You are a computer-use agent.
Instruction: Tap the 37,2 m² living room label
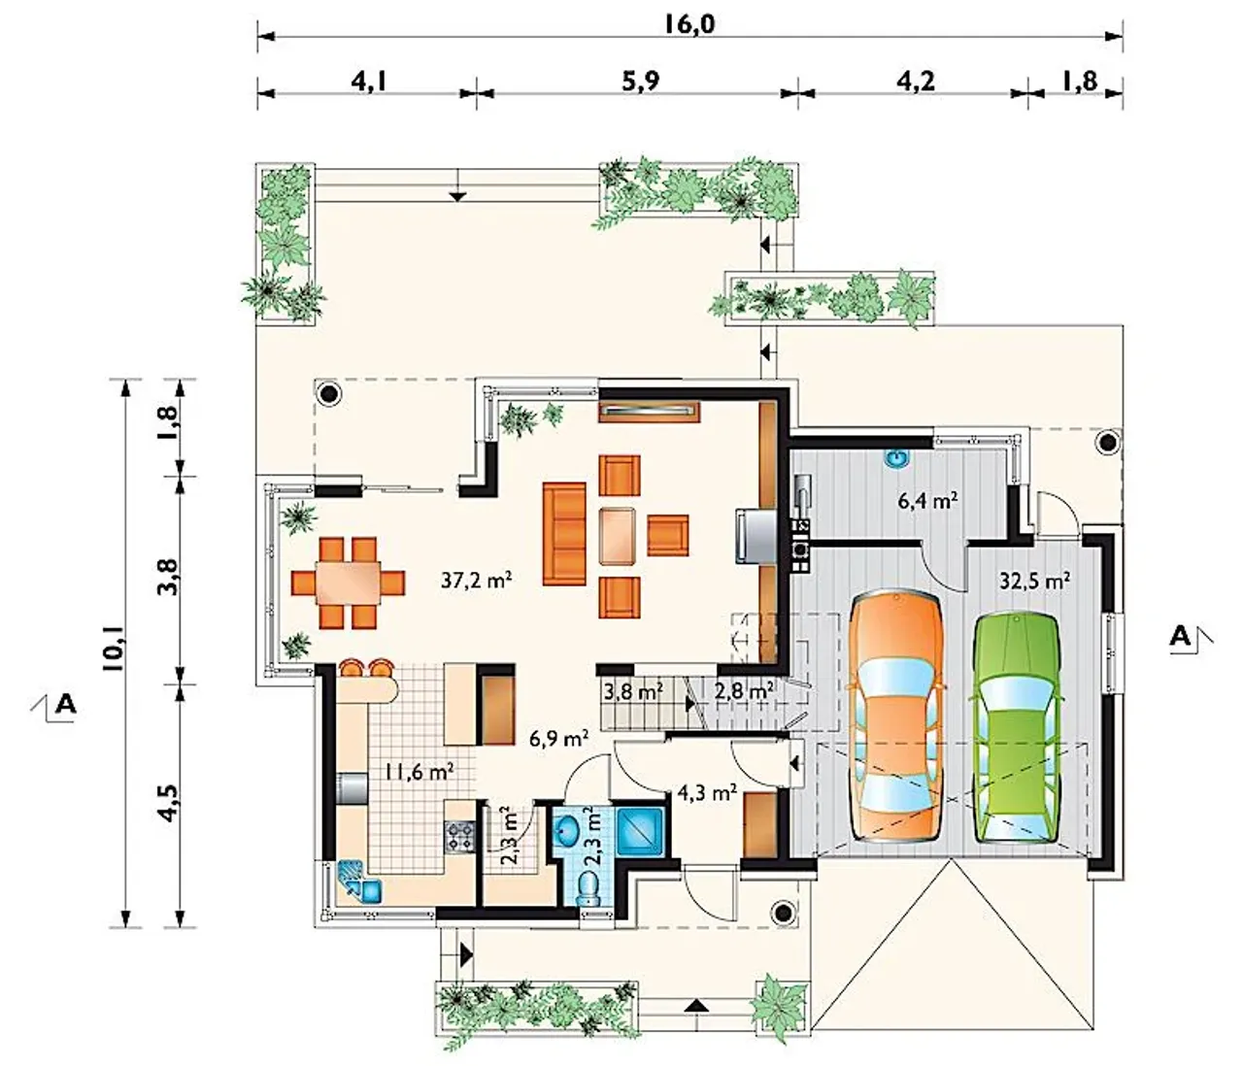point(476,581)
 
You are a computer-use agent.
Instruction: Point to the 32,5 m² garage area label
point(1034,581)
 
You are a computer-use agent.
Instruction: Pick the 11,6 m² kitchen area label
point(420,772)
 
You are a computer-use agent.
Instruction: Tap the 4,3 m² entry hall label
point(707,793)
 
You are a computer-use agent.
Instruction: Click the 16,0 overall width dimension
point(689,24)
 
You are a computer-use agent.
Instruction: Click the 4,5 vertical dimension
point(170,802)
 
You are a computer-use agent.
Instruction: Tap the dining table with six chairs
point(349,583)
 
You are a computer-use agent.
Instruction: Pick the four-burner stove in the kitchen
point(460,836)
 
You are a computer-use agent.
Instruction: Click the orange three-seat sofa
point(564,533)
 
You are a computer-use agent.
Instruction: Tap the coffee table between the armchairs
point(617,536)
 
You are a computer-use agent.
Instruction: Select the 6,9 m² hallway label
point(558,738)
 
